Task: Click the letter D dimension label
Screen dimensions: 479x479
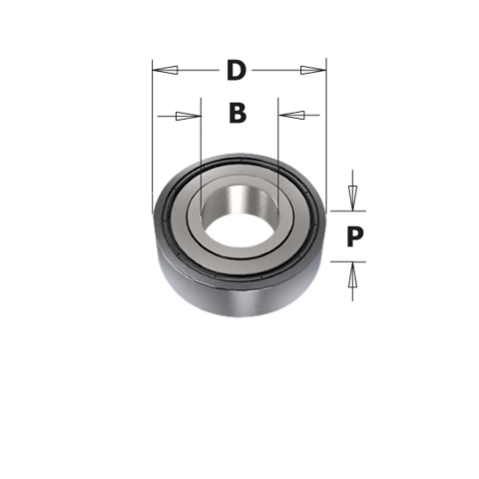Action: coord(237,71)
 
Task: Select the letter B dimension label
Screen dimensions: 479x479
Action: coord(237,114)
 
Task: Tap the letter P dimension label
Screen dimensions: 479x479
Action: coord(353,237)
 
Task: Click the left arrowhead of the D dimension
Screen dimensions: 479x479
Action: coord(167,71)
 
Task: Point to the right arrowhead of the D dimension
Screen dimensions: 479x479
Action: coord(312,71)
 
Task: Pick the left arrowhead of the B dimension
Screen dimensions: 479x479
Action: coord(188,116)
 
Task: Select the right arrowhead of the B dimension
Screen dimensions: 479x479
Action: coord(290,116)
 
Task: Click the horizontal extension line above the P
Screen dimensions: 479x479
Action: coord(344,211)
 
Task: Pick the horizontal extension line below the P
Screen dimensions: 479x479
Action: coord(344,261)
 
